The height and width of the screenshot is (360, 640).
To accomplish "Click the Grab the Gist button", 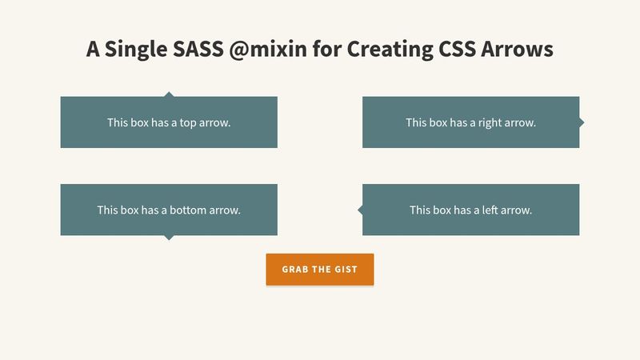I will pos(319,270).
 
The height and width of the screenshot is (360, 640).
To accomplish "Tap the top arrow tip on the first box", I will pos(168,94).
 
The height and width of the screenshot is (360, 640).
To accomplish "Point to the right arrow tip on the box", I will pos(582,122).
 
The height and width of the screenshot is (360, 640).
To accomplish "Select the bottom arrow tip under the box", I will pos(168,238).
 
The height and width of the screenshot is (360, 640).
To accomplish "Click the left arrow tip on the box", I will pos(359,210).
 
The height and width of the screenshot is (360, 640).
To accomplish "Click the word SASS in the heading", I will pos(196,50).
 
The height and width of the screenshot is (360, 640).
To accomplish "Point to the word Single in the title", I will pos(135,50).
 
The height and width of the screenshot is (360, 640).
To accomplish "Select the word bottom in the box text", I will pos(188,210).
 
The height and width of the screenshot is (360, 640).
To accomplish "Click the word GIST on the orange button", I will pos(345,270).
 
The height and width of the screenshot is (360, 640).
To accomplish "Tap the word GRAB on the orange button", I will pos(295,270).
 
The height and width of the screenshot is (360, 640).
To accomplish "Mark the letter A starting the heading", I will pos(94,50).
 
